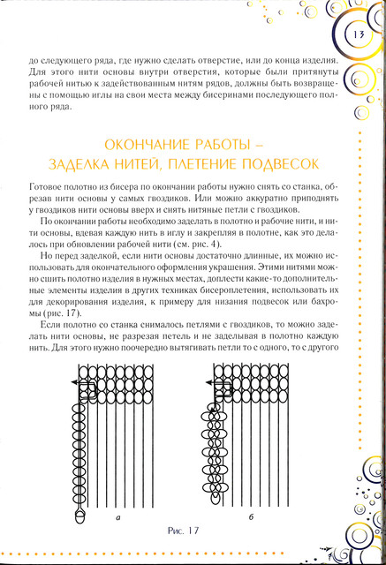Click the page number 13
(359, 34)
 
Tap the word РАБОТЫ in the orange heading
(223, 145)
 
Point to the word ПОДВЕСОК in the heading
(280, 164)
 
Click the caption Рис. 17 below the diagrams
(183, 531)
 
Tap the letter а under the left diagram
(117, 518)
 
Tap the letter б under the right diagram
(251, 516)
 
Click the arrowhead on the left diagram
(73, 382)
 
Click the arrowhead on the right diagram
(208, 382)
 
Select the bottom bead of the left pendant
(79, 516)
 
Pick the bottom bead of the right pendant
(216, 498)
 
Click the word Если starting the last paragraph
(49, 325)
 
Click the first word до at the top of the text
(33, 60)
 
